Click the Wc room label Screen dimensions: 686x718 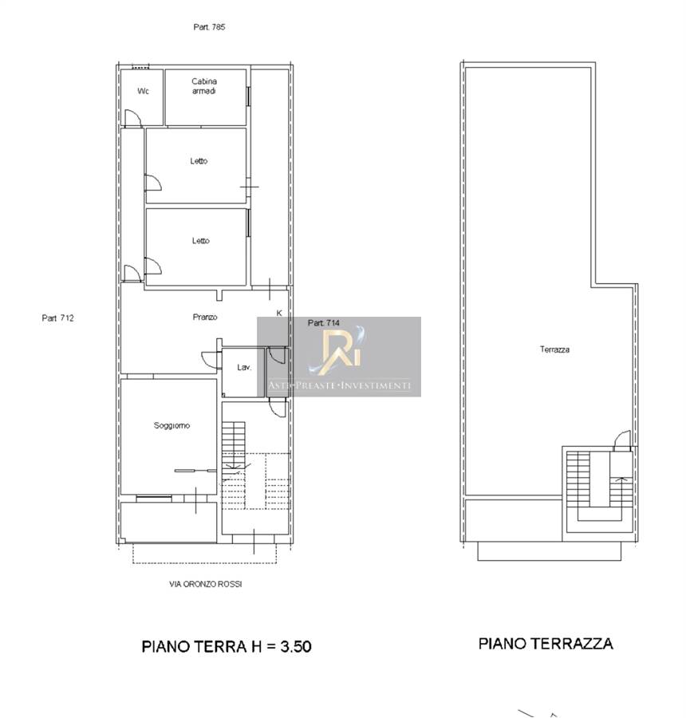[144, 91]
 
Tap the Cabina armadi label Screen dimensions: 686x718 [204, 86]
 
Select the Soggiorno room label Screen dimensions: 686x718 [171, 426]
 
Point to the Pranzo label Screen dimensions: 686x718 [205, 317]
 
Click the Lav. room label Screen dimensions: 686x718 [244, 367]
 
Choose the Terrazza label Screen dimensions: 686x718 [554, 349]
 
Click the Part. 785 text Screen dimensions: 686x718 [209, 27]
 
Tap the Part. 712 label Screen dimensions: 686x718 [57, 318]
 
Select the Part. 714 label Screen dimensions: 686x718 [324, 323]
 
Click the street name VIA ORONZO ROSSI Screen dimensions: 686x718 [206, 584]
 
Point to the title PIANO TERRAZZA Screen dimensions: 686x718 [546, 643]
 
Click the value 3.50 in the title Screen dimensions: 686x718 [296, 646]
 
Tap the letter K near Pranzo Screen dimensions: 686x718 [279, 314]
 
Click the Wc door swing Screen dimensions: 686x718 [134, 117]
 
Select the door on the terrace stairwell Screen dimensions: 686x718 [622, 440]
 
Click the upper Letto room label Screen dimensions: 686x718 [199, 161]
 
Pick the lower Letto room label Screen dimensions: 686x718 [200, 241]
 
